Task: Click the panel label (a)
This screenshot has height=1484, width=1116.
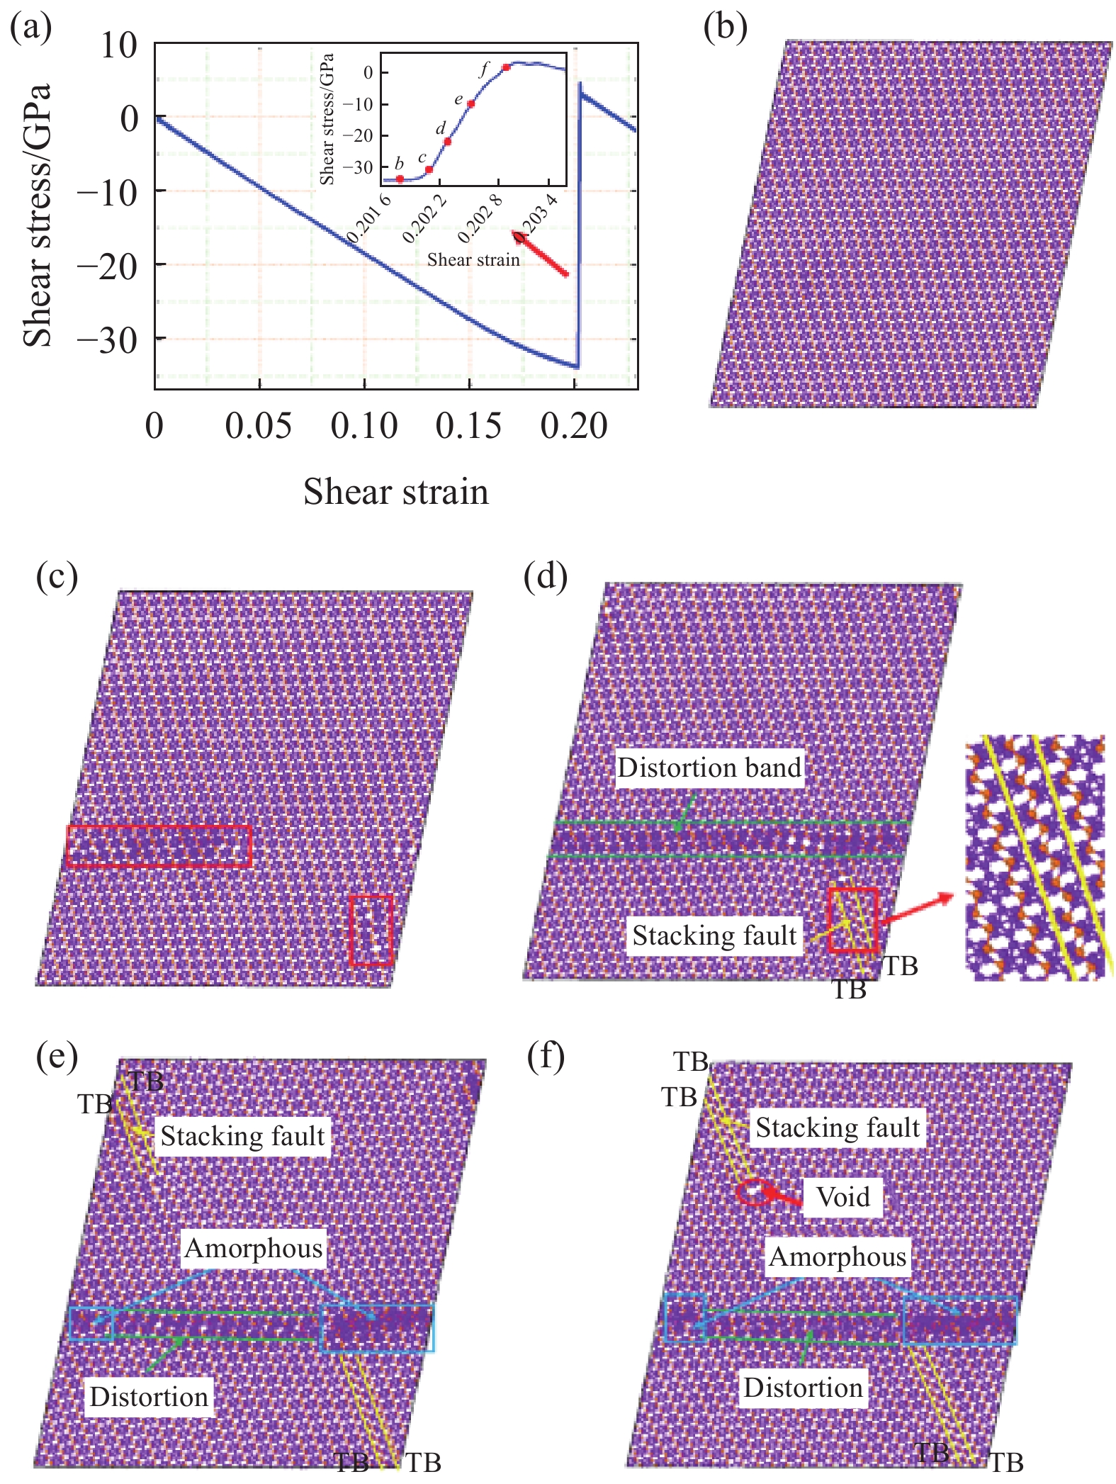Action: pos(30,28)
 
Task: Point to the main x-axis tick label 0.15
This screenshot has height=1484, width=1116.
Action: pos(468,427)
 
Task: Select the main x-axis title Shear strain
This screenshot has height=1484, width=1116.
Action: pos(396,492)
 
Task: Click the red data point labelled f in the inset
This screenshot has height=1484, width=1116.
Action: pos(507,67)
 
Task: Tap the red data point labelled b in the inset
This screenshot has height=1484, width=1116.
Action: pos(400,179)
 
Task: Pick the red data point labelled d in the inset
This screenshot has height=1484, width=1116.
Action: pos(447,142)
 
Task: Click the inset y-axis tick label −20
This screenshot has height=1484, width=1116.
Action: pos(357,135)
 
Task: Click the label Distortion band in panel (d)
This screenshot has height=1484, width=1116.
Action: pos(709,768)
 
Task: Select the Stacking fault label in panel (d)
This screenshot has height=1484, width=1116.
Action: pos(714,935)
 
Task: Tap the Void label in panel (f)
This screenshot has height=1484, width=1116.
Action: pos(842,1197)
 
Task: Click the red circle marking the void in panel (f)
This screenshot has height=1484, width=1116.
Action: pos(753,1192)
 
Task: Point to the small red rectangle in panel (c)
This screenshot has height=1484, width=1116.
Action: pos(371,929)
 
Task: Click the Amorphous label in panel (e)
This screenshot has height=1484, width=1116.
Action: pos(253,1248)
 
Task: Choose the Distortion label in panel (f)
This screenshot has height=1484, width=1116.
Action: pos(803,1388)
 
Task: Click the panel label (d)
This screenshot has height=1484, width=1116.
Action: pos(545,578)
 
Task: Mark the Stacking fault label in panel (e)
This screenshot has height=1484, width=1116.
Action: pos(242,1136)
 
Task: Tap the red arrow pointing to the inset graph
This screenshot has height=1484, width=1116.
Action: pos(541,253)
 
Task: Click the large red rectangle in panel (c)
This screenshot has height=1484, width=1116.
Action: pos(159,845)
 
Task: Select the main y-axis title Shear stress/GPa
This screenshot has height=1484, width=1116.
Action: pos(38,215)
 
